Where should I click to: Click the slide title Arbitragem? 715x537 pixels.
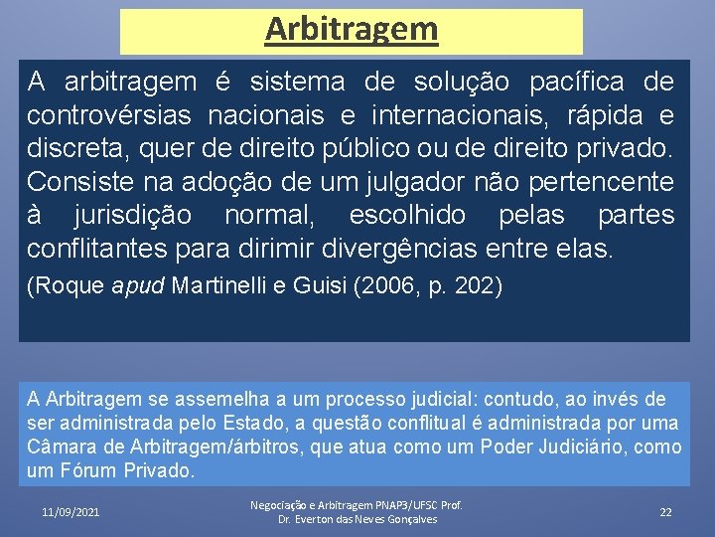(351, 29)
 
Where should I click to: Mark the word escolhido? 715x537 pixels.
(407, 216)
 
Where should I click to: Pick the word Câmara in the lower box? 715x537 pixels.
(59, 447)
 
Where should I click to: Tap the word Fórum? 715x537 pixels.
(89, 470)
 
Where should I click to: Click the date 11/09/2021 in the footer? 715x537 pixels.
(71, 511)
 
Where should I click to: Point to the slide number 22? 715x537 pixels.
(665, 511)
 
